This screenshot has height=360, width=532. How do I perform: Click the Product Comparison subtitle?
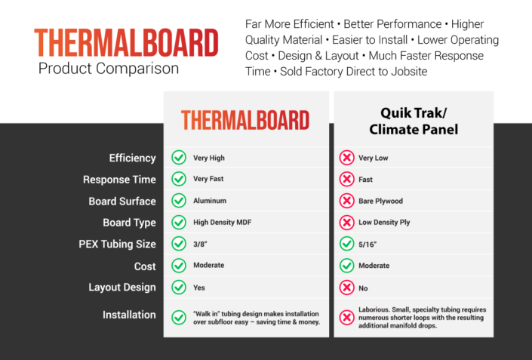click(109, 69)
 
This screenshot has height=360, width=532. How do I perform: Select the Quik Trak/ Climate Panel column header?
click(414, 120)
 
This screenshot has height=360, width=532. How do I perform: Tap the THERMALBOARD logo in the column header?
click(244, 120)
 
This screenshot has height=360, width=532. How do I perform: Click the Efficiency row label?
click(132, 158)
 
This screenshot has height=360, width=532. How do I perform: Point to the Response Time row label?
click(119, 180)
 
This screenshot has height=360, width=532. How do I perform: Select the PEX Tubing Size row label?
click(117, 244)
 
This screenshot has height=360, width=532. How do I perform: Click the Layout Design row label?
click(122, 287)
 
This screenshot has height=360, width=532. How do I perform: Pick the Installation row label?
click(129, 315)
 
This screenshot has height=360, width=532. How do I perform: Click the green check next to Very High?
click(179, 158)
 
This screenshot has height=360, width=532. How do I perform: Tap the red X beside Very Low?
click(347, 158)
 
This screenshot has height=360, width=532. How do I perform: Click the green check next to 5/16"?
click(347, 244)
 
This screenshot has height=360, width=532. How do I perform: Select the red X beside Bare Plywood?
click(347, 201)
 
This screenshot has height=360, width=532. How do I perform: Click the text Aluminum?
click(210, 202)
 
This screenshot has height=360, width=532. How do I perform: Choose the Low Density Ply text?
click(385, 223)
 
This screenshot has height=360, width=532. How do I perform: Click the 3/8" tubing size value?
click(201, 244)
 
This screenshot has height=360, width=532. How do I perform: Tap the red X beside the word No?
click(347, 287)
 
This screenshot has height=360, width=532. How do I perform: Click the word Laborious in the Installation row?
click(376, 309)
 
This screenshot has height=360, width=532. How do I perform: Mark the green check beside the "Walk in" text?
click(179, 318)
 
